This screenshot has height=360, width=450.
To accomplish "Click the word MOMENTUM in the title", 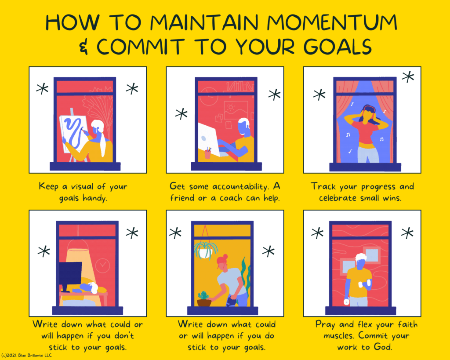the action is pos(332,22).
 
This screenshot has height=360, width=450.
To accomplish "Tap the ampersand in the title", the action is pos(83,47).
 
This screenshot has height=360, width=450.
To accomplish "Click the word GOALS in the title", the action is pos(338,47).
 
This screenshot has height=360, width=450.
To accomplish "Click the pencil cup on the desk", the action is pos(207,153).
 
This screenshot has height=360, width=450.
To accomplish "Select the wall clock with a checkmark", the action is pos(102,265).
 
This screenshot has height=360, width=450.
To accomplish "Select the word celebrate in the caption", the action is pos(337,198).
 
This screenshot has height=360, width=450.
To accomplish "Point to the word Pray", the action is pos(325,324).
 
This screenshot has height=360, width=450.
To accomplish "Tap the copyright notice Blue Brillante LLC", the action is pos(26,356).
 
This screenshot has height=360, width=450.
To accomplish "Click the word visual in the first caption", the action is pos(82,187).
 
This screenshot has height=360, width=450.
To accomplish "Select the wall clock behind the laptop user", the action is pos(209,96).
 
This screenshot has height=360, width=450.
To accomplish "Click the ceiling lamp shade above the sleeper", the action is pos(78,245).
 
